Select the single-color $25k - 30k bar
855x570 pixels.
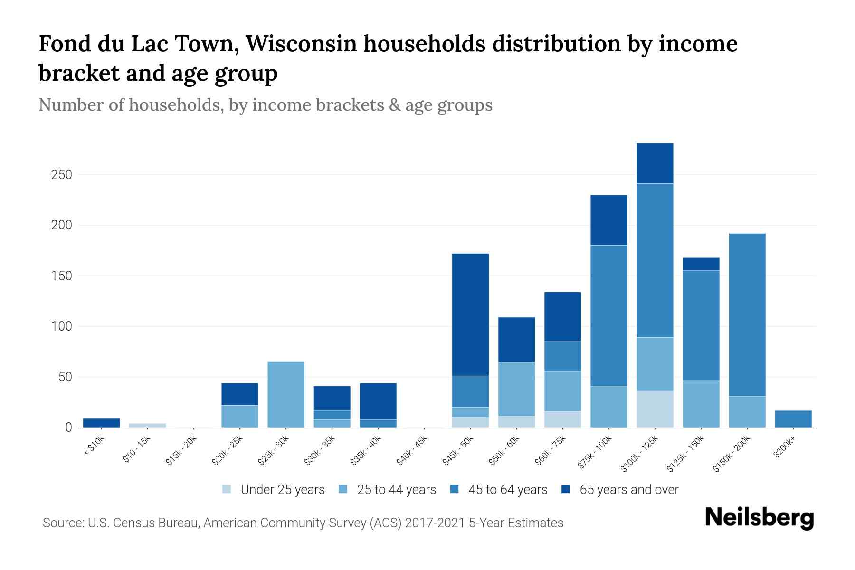pyautogui.click(x=286, y=395)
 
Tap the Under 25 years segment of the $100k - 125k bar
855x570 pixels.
pyautogui.click(x=655, y=409)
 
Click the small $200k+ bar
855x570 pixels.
pyautogui.click(x=793, y=419)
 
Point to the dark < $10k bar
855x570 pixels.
pyautogui.click(x=101, y=423)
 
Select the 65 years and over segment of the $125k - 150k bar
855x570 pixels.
pyautogui.click(x=701, y=264)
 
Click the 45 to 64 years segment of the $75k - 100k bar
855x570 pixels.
pyautogui.click(x=608, y=315)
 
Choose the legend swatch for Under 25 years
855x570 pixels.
pyautogui.click(x=227, y=489)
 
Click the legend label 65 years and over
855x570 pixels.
pyautogui.click(x=629, y=489)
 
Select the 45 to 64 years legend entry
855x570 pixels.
pyautogui.click(x=507, y=489)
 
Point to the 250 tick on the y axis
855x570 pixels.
pyautogui.click(x=61, y=175)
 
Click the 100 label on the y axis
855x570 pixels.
pyautogui.click(x=61, y=327)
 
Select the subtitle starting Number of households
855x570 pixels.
pyautogui.click(x=265, y=105)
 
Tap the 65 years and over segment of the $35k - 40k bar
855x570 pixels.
pyautogui.click(x=378, y=401)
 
